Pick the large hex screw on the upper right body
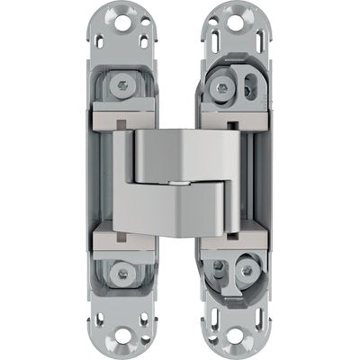pos(219,86)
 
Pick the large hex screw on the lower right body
pos(219,272)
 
